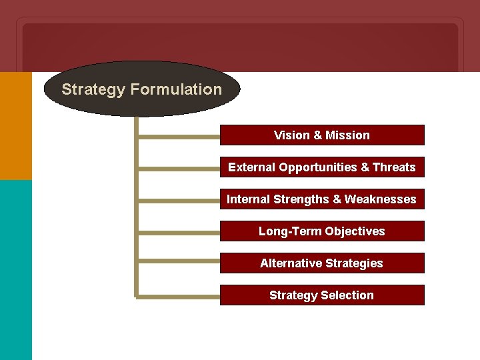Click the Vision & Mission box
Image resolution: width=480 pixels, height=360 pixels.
[322, 135]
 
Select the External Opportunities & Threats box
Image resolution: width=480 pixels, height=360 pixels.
[322, 167]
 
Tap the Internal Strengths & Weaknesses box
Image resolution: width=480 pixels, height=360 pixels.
[322, 199]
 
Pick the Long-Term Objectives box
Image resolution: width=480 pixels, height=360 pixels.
[322, 231]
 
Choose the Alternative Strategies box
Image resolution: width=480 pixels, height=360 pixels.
[322, 263]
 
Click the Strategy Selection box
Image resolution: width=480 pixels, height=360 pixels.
[322, 295]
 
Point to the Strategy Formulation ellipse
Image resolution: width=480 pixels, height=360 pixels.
[141, 89]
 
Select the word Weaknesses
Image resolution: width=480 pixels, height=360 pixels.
[381, 199]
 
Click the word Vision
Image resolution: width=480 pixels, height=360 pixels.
[291, 135]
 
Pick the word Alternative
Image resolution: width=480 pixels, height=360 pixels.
[290, 263]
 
